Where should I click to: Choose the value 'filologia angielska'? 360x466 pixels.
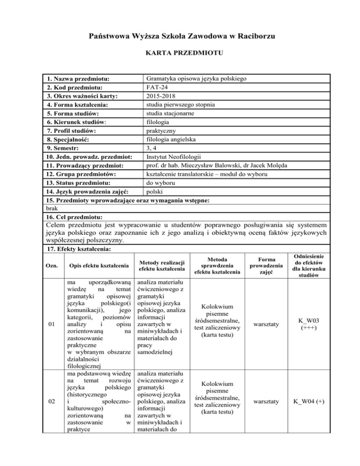(x=173, y=139)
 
